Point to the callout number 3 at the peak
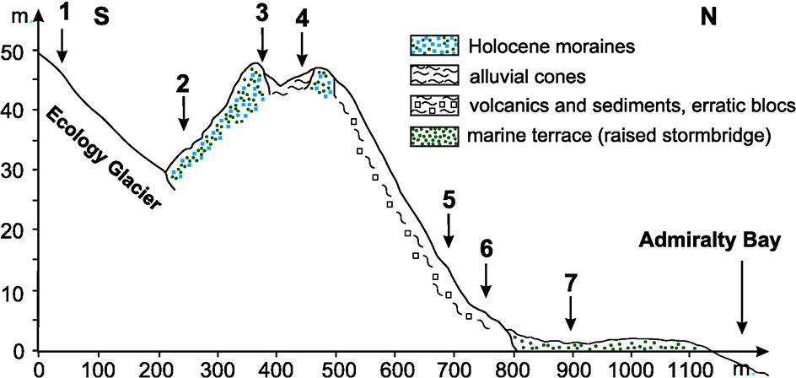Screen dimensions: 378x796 [262, 13]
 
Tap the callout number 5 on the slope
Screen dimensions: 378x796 [449, 200]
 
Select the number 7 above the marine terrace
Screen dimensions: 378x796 [571, 283]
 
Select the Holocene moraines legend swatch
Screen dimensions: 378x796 [434, 45]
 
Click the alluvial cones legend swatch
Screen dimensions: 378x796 [434, 76]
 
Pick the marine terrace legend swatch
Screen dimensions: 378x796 [434, 136]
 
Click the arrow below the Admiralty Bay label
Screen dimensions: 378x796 [742, 296]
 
